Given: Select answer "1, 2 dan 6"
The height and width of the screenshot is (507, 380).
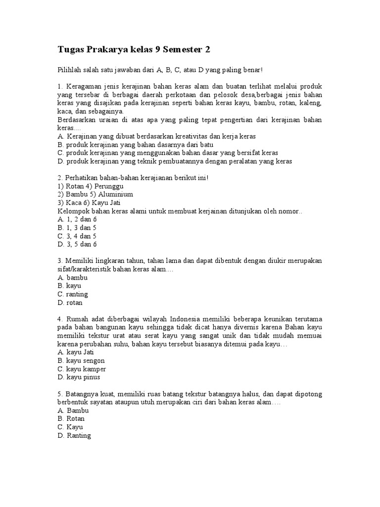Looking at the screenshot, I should tap(77, 219).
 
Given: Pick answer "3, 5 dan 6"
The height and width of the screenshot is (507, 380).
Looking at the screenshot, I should tap(77, 244).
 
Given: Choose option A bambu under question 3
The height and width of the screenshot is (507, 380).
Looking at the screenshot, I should tap(73, 278).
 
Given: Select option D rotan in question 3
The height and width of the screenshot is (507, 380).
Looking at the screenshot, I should tap(71, 303).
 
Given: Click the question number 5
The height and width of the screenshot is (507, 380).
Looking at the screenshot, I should tap(60, 394).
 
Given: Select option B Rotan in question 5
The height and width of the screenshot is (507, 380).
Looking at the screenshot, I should tap(71, 419).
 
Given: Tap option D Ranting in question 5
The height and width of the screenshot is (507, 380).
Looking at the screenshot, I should tap(74, 436).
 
